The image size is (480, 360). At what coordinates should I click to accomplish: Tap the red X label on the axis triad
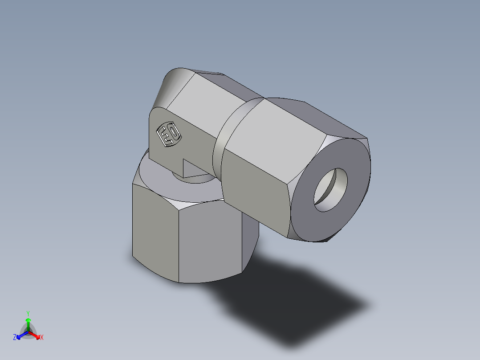pos(42,338)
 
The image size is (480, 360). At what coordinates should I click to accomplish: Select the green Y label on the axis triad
pos(28,313)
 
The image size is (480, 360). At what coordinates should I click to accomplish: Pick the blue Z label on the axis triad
pos(15,338)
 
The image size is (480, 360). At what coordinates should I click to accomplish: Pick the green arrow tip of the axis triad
pos(28,319)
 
